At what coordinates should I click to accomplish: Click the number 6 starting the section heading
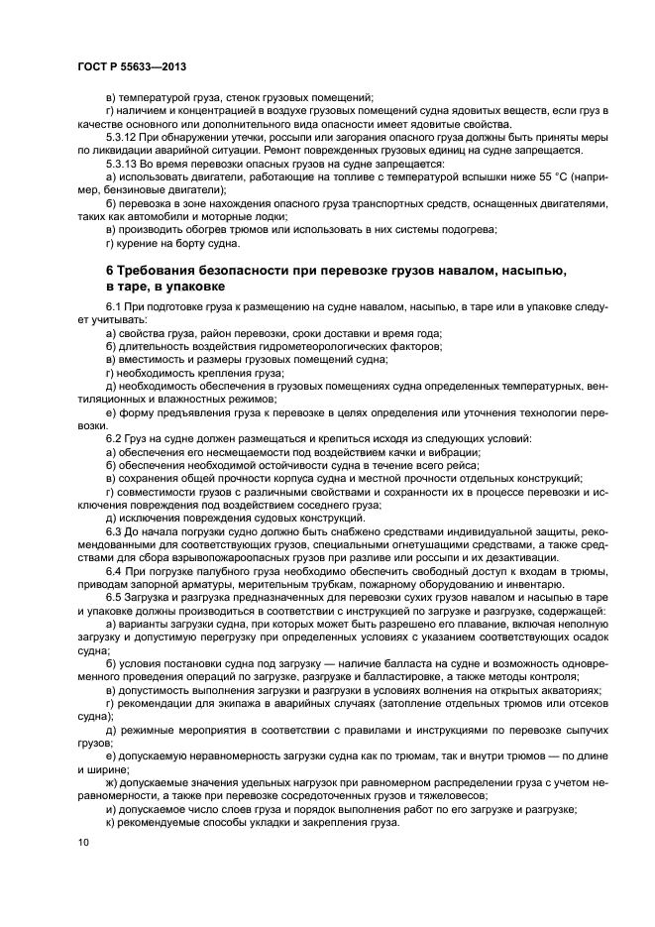[110, 271]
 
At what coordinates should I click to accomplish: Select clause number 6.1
[113, 311]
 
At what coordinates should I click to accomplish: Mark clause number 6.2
[113, 437]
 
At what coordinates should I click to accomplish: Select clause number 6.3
[113, 529]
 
